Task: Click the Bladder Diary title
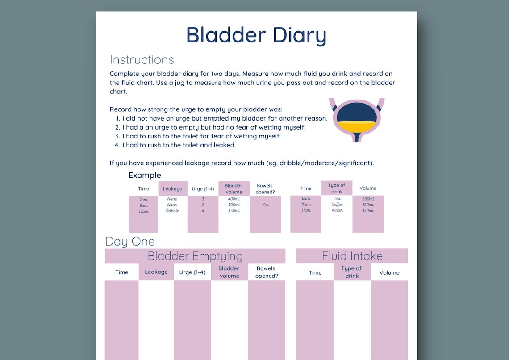[x=256, y=35]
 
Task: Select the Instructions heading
[x=142, y=60]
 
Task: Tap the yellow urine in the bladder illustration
[x=355, y=126]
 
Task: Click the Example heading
[x=145, y=175]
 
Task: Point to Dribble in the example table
[x=172, y=210]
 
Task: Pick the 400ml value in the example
[x=234, y=199]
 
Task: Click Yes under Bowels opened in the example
[x=265, y=205]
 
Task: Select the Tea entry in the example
[x=337, y=199]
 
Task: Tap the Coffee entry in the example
[x=337, y=205]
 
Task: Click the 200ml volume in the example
[x=368, y=199]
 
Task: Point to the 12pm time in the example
[x=143, y=211]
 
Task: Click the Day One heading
[x=130, y=242]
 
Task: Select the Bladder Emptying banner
[x=195, y=256]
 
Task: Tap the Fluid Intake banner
[x=352, y=256]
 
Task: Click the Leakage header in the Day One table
[x=156, y=272]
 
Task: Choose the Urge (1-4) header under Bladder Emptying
[x=192, y=272]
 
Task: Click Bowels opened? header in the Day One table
[x=267, y=272]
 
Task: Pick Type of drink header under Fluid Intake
[x=352, y=272]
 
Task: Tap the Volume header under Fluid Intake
[x=389, y=272]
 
